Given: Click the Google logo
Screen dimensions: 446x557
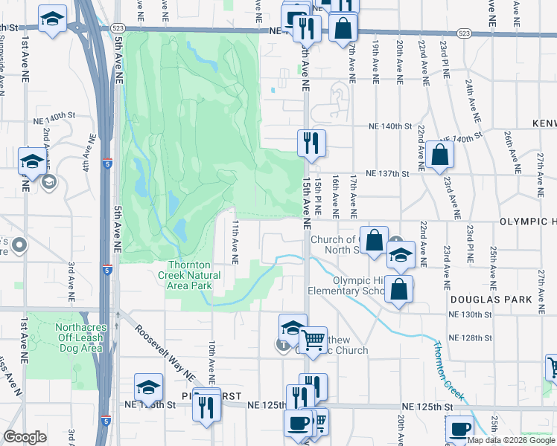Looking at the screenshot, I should click(25, 437).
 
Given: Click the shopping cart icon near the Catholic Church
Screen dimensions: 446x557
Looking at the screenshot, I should click(313, 340).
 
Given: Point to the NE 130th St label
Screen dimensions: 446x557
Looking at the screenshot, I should click(471, 315).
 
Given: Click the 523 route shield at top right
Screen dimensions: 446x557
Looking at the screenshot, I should click(464, 33).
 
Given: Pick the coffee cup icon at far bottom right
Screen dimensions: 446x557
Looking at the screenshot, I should click(459, 430).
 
